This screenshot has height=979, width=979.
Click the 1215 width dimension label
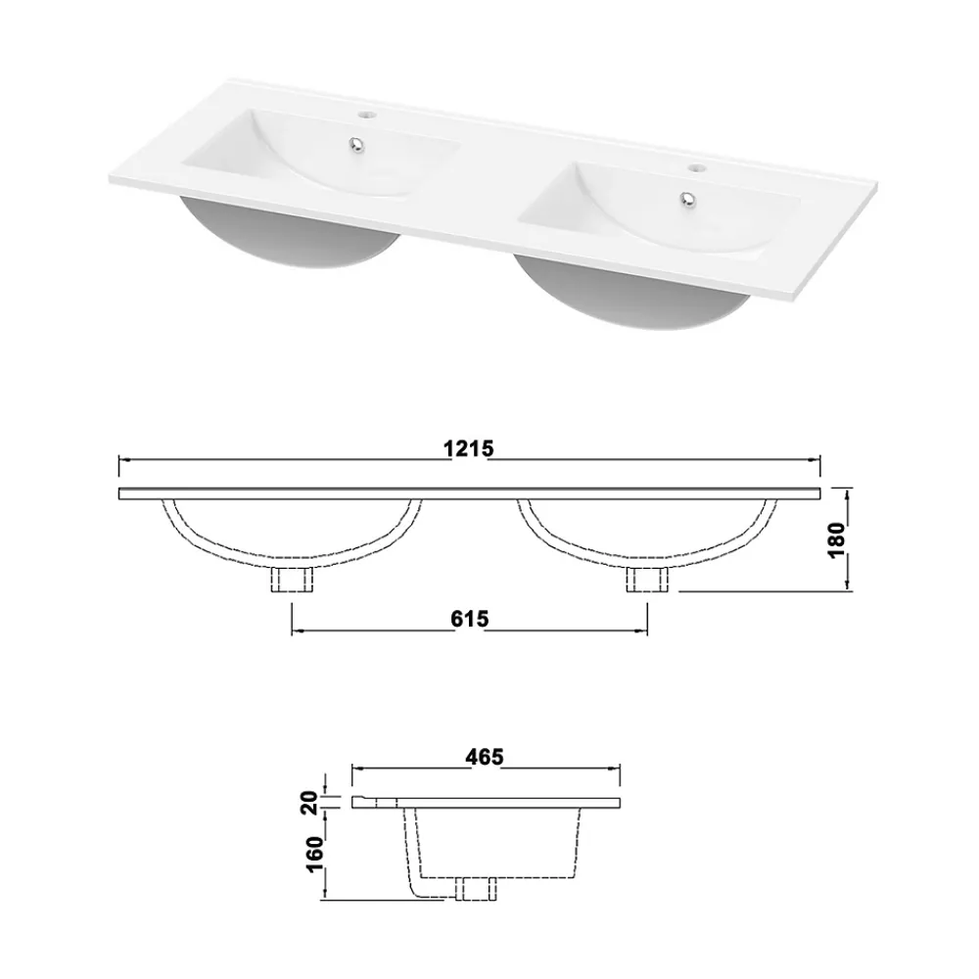tap(468, 448)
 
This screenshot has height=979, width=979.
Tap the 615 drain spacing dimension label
tap(470, 619)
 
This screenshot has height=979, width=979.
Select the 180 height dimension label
tap(836, 540)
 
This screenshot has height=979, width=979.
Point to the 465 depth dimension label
tap(485, 757)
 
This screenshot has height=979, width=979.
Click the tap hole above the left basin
tap(365, 115)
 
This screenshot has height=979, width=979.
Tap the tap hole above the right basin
tap(696, 167)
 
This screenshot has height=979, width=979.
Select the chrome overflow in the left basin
tap(356, 144)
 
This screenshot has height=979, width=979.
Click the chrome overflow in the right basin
tap(688, 198)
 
